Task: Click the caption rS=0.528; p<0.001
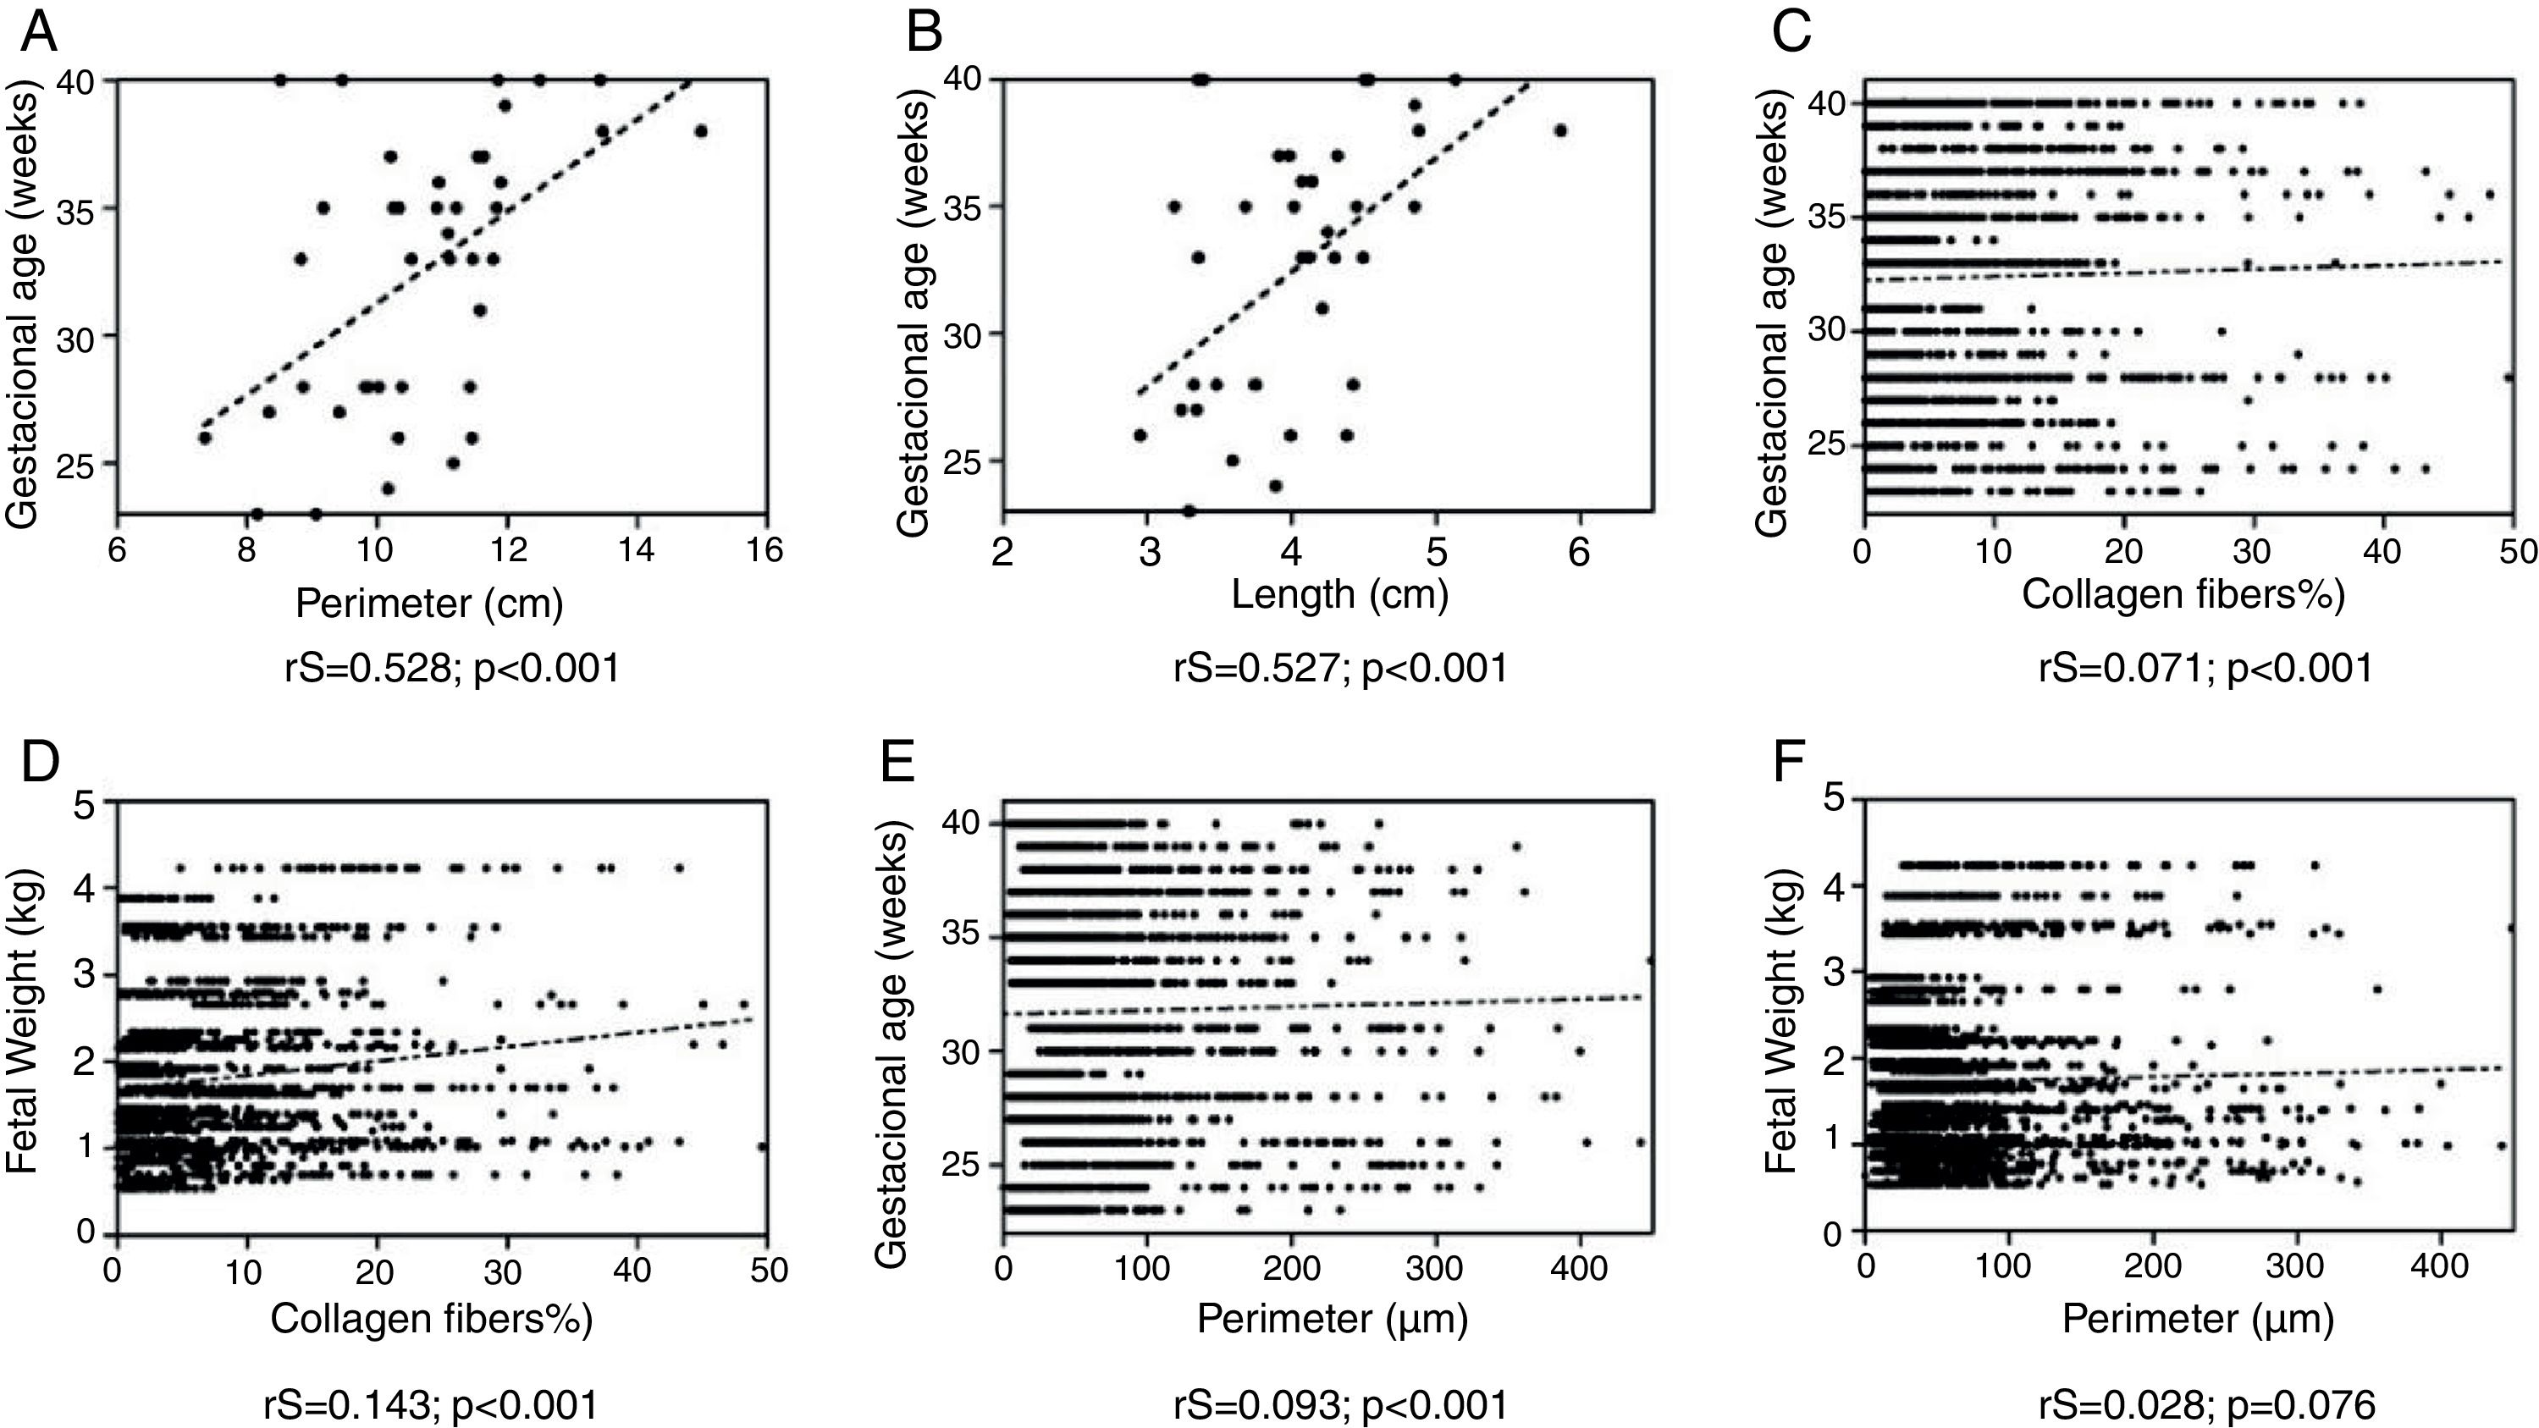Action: coord(452,668)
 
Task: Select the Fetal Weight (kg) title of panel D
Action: coord(22,1020)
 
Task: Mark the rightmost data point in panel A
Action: coord(701,131)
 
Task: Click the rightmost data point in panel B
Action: coord(1560,131)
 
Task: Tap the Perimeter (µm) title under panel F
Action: coord(2198,1319)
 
